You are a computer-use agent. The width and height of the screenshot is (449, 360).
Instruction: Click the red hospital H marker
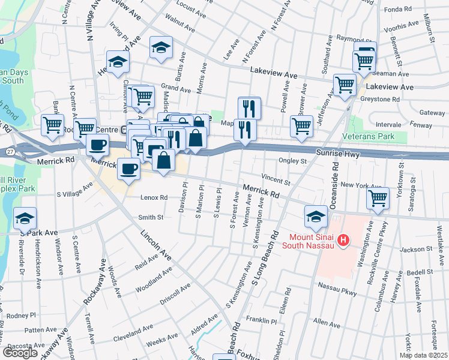(x=343, y=241)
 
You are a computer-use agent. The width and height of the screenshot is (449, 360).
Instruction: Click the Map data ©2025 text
(x=423, y=355)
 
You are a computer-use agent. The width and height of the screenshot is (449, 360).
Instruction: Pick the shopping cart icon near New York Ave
(x=378, y=197)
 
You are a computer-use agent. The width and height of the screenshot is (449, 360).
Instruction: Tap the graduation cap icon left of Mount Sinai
(x=316, y=215)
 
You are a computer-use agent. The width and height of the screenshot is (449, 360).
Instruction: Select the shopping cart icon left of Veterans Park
(x=301, y=125)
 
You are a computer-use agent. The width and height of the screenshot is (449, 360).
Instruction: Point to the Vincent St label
(x=276, y=178)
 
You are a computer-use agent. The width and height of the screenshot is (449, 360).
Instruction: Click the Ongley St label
(x=293, y=161)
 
